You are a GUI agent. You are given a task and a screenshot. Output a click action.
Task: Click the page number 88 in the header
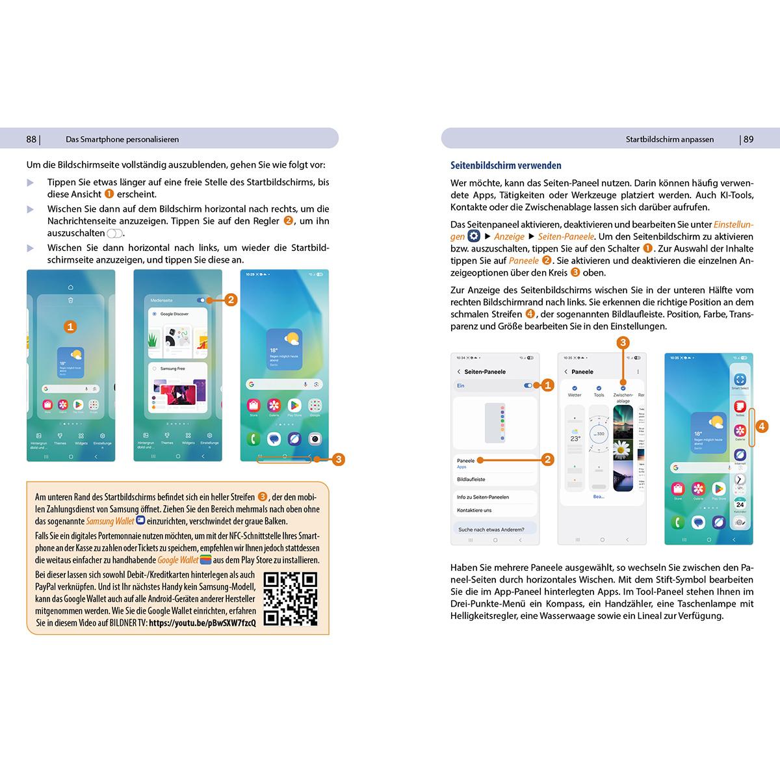[x=31, y=139]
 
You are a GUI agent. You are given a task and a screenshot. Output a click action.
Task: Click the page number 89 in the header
[x=748, y=139]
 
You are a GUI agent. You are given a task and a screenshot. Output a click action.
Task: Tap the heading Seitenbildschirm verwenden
[x=506, y=166]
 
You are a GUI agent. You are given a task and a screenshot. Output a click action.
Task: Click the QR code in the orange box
[x=291, y=599]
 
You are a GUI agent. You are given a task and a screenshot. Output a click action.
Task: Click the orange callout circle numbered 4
[x=762, y=426]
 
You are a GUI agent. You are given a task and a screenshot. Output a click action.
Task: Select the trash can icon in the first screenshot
[x=70, y=300]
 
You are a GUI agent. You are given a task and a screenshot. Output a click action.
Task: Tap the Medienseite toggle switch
[x=201, y=300]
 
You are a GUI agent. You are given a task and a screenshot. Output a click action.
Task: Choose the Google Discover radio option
[x=155, y=314]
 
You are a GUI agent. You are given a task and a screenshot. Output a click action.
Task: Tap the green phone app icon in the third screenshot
[x=253, y=439]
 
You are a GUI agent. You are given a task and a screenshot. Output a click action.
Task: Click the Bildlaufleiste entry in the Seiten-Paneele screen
[x=471, y=480]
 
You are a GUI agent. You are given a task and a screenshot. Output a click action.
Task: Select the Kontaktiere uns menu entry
[x=474, y=510]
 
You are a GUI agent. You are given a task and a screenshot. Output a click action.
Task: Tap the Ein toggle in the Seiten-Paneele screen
[x=528, y=385]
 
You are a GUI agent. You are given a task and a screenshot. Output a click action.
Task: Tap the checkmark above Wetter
[x=575, y=387]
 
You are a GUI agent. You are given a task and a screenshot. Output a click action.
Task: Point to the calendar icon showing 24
[x=740, y=504]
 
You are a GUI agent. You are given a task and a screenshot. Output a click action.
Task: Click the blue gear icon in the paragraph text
[x=474, y=237]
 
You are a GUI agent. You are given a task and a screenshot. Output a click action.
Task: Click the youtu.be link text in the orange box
[x=202, y=623]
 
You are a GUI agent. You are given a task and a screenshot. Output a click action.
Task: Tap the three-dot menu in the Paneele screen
[x=638, y=372]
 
